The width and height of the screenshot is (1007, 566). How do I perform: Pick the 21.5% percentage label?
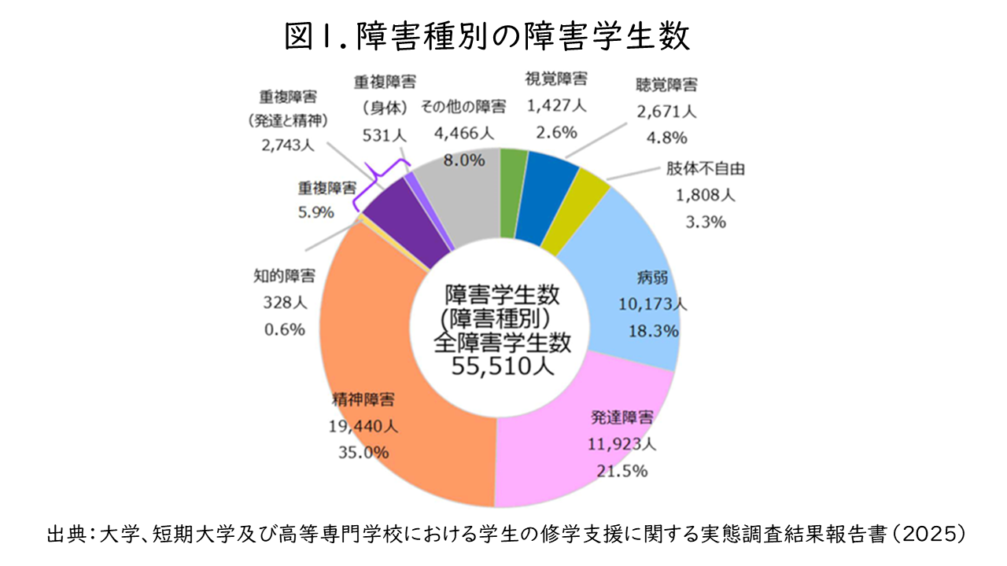[622, 471]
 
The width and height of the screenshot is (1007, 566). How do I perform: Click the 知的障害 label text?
[285, 276]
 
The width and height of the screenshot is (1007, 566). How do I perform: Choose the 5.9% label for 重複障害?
[315, 212]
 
